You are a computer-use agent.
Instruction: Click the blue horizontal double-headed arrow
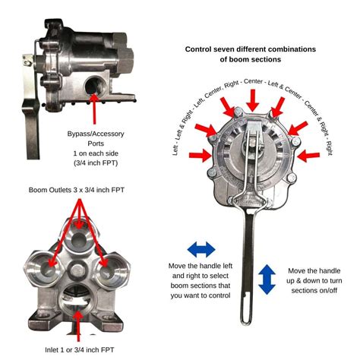pyautogui.click(x=201, y=248)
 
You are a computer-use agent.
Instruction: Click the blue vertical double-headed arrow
pyautogui.click(x=267, y=279)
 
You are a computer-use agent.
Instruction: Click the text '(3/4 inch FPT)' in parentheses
pyautogui.click(x=96, y=163)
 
